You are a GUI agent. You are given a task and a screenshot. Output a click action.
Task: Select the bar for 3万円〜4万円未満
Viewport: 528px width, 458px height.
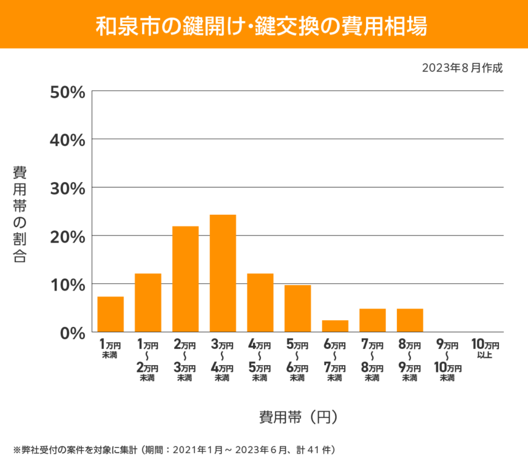click(223, 273)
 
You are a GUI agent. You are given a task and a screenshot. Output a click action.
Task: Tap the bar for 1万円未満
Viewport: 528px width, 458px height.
click(111, 314)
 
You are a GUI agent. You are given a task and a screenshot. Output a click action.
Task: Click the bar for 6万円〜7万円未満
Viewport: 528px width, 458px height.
click(335, 326)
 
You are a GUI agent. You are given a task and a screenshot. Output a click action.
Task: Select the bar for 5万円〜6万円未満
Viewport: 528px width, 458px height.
click(298, 308)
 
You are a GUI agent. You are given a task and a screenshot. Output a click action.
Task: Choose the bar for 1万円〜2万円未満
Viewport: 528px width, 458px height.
click(148, 302)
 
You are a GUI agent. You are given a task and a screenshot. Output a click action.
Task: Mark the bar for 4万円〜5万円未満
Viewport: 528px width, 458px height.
click(260, 302)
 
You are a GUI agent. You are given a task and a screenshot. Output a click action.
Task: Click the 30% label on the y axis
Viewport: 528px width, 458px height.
click(67, 188)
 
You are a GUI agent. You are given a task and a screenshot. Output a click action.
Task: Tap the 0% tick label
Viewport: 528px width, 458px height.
click(71, 332)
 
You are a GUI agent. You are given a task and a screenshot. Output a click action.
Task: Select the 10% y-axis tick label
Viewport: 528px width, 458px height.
click(67, 284)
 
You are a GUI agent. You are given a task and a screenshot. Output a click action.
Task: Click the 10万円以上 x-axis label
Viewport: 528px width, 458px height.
click(485, 350)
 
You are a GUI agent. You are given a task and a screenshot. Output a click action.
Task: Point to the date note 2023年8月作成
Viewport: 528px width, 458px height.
click(462, 68)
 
